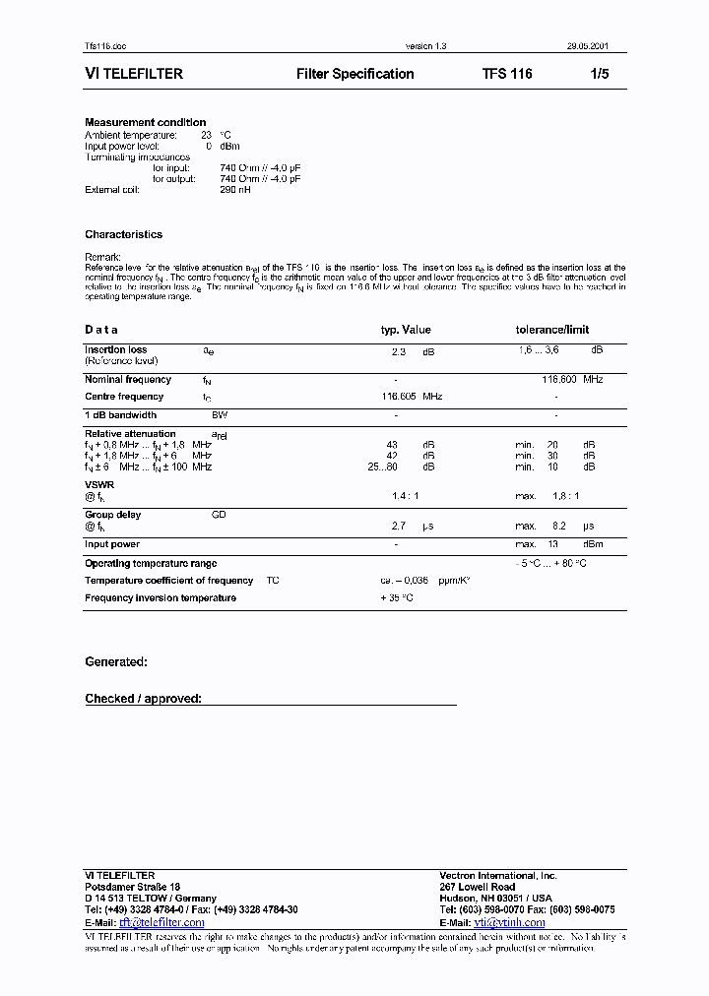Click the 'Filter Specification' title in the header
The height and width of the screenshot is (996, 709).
click(x=354, y=74)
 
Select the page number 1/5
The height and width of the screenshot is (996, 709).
click(x=600, y=74)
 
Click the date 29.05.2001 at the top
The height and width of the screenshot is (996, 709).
click(x=601, y=46)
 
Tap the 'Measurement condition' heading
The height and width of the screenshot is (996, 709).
click(x=145, y=122)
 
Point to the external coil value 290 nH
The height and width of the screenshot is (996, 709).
click(x=236, y=189)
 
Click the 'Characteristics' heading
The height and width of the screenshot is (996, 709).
click(x=123, y=234)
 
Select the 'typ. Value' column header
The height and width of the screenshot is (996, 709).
click(x=406, y=330)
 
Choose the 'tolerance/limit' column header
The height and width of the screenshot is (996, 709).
click(x=552, y=330)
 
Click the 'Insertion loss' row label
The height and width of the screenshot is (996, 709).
click(x=115, y=349)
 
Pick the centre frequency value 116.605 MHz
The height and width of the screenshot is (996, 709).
click(x=412, y=397)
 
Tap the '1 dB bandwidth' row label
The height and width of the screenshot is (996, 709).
click(x=120, y=415)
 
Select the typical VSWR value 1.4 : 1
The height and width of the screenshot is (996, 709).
click(x=405, y=497)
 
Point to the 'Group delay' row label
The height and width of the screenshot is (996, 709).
click(x=112, y=515)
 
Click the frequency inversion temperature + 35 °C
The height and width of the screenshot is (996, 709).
click(x=397, y=598)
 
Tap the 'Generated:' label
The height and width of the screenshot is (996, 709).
click(x=116, y=662)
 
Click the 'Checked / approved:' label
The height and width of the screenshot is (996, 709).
click(x=143, y=699)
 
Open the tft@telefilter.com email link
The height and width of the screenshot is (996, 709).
click(x=161, y=922)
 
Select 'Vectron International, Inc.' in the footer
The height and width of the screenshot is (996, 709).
click(x=497, y=875)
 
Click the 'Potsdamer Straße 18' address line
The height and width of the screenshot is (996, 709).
click(x=132, y=887)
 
